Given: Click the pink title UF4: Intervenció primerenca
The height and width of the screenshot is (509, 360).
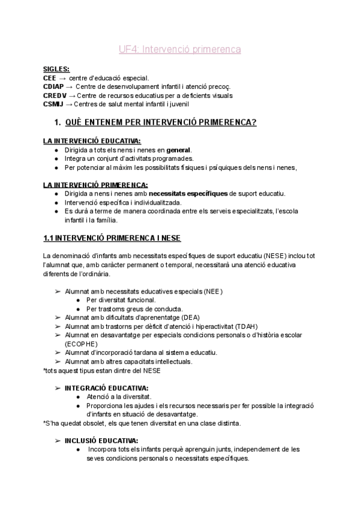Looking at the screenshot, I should (179, 50).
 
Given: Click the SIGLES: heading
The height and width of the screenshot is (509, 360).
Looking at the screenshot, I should (56, 69).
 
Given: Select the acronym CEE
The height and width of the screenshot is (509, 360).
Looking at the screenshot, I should (50, 78).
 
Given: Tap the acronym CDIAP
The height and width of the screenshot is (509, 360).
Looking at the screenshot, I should (55, 87).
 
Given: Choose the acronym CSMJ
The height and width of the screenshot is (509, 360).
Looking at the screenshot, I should (53, 104).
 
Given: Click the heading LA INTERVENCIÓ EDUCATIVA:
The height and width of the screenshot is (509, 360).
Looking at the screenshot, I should (88, 141).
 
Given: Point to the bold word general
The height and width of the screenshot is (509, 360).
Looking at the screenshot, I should (178, 149).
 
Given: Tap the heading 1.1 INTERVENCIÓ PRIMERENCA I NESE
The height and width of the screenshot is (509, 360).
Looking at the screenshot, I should (108, 238).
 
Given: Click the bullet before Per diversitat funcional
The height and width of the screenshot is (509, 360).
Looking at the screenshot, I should (79, 300).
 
